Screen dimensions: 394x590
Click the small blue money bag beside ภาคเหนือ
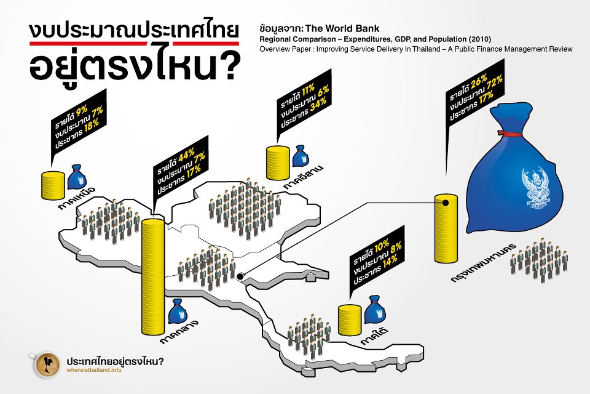(x=77, y=177)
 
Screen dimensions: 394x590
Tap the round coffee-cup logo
(x=45, y=364)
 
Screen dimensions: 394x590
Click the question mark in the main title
(x=228, y=70)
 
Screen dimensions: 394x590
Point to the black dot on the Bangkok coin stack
(x=445, y=201)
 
